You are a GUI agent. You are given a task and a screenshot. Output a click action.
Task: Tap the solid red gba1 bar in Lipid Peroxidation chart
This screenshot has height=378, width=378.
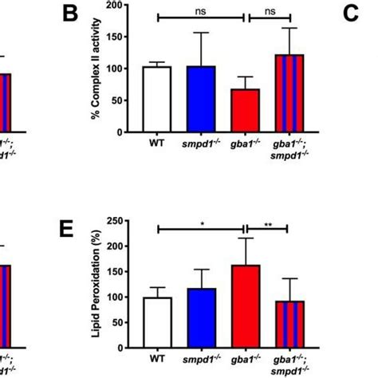coord(244,306)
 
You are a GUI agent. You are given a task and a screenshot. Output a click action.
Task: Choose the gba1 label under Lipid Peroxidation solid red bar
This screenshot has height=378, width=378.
coord(244,361)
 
